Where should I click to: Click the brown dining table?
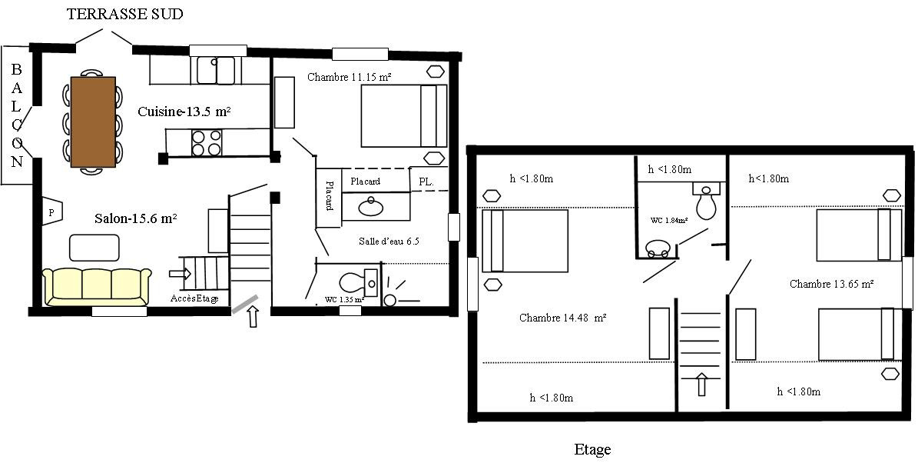pyautogui.click(x=93, y=122)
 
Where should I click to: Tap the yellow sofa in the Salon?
pyautogui.click(x=97, y=287)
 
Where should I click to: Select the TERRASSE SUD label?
pyautogui.click(x=124, y=14)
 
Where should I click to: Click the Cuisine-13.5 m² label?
pyautogui.click(x=184, y=112)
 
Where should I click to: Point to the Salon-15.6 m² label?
pyautogui.click(x=136, y=218)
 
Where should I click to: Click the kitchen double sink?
pyautogui.click(x=215, y=70)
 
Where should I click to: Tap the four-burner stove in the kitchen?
pyautogui.click(x=207, y=142)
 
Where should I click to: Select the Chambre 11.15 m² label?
pyautogui.click(x=350, y=77)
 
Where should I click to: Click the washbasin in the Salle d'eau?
pyautogui.click(x=370, y=206)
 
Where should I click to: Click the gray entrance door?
pyautogui.click(x=244, y=304)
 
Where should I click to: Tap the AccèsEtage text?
pyautogui.click(x=195, y=298)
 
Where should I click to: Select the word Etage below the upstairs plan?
pyautogui.click(x=592, y=449)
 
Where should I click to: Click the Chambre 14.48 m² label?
pyautogui.click(x=562, y=318)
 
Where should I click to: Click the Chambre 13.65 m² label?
pyautogui.click(x=832, y=284)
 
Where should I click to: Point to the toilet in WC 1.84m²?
pyautogui.click(x=707, y=201)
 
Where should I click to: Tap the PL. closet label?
pyautogui.click(x=426, y=182)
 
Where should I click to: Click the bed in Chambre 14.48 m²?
pyautogui.click(x=525, y=241)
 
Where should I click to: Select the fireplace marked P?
pyautogui.click(x=51, y=212)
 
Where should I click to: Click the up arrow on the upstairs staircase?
pyautogui.click(x=701, y=384)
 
